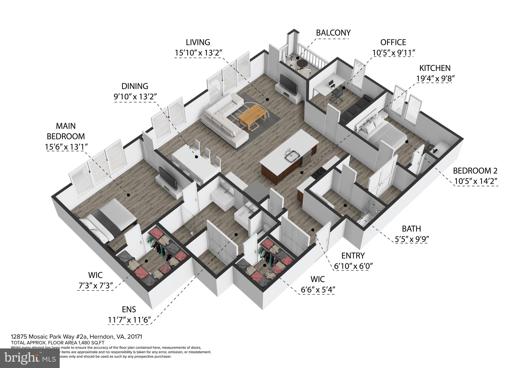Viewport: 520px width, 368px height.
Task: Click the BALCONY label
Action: click(x=333, y=33)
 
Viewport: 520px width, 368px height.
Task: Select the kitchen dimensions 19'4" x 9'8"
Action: click(x=435, y=79)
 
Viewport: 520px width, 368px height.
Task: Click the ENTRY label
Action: click(x=353, y=255)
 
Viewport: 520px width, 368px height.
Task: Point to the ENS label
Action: click(x=129, y=309)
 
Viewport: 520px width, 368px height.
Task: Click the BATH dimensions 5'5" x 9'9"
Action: click(x=411, y=239)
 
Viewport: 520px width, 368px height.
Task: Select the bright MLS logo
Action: click(x=30, y=358)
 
